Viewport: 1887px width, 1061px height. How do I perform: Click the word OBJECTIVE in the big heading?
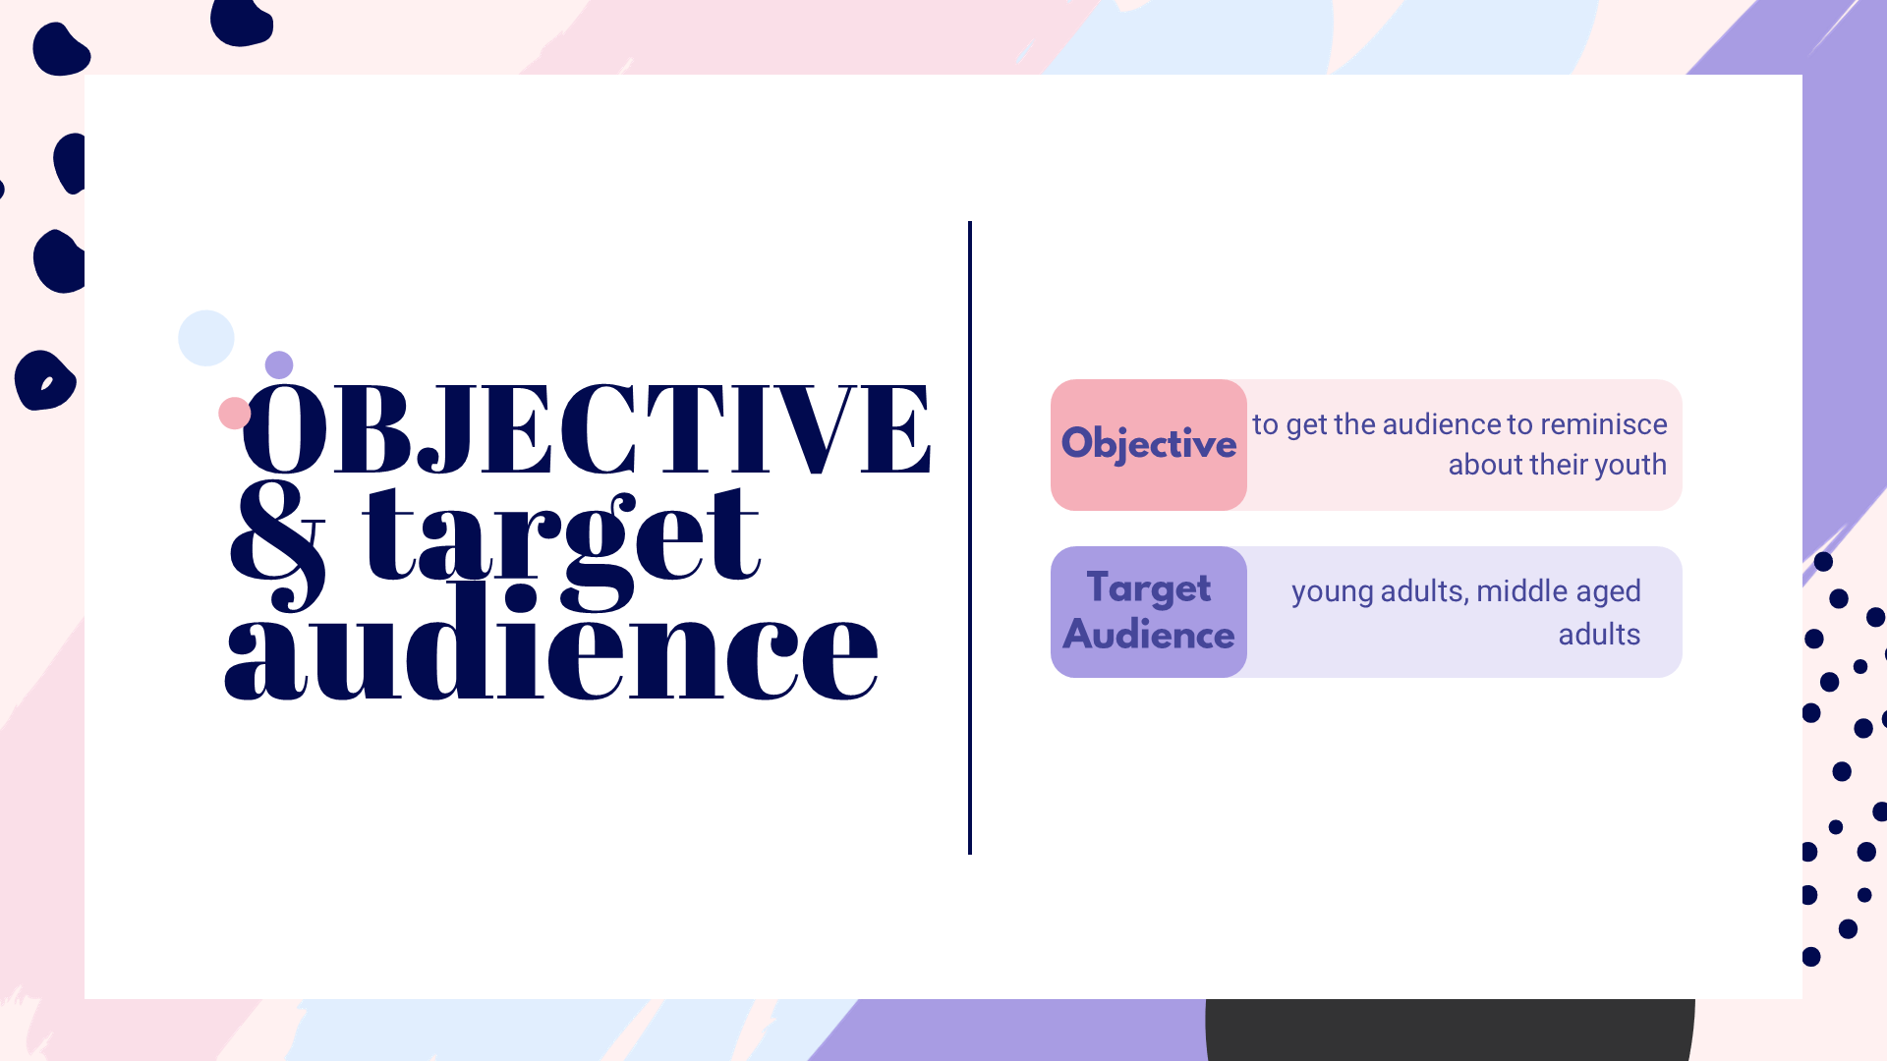point(586,428)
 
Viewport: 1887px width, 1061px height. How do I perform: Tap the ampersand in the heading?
point(277,545)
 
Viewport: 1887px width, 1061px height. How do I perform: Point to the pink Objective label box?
point(1149,445)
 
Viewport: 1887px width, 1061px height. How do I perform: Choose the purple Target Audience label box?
point(1149,612)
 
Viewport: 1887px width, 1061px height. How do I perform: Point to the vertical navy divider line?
point(970,537)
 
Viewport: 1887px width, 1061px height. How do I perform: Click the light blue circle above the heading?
point(206,338)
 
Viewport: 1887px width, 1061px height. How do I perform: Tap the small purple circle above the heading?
point(279,364)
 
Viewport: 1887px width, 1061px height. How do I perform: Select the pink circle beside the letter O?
point(234,414)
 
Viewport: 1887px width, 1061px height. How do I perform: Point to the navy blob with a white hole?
point(44,380)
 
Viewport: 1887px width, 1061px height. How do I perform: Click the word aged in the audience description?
point(1607,592)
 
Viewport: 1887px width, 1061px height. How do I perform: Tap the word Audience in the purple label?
point(1149,635)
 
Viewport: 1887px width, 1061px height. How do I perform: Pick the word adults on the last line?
point(1599,634)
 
